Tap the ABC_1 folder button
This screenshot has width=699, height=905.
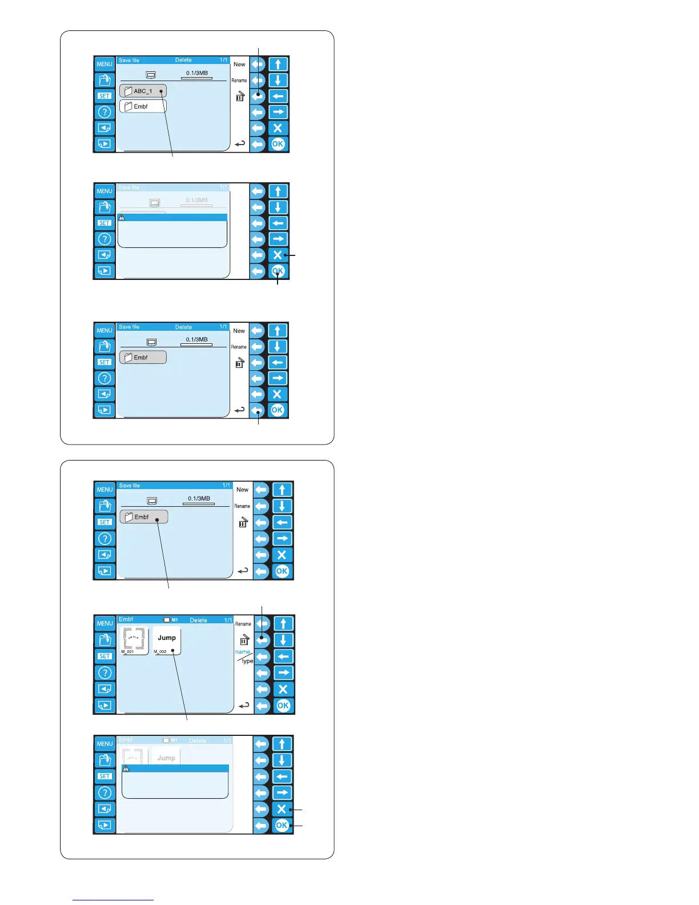tap(143, 91)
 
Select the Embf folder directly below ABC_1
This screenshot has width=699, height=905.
tap(143, 106)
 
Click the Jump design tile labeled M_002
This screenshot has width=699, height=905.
tap(167, 641)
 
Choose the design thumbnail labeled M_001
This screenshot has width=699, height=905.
tap(135, 641)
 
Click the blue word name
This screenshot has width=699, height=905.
tap(243, 652)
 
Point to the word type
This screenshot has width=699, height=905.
tap(247, 661)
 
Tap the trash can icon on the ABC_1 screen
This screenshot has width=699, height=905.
tap(240, 96)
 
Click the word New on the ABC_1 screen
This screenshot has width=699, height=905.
tap(239, 65)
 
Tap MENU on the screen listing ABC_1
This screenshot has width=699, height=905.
tap(105, 64)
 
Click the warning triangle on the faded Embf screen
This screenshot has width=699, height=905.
tap(126, 768)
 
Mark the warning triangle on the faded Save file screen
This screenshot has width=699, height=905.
tap(122, 218)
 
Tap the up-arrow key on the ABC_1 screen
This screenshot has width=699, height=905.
tap(278, 64)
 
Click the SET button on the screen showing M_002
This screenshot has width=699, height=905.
tap(105, 656)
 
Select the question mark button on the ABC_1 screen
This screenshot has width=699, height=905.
tap(105, 112)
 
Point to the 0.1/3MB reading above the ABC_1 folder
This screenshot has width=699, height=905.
tap(197, 73)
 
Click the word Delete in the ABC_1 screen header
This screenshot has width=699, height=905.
tap(183, 60)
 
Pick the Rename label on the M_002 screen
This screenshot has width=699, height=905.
tap(243, 624)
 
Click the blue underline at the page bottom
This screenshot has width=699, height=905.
tap(113, 900)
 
